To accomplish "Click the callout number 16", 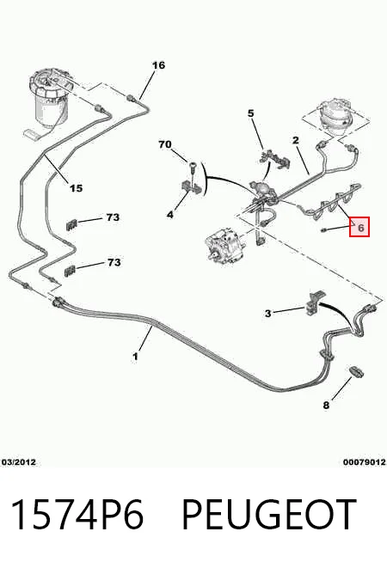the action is point(158,65).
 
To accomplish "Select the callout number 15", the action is point(76,188).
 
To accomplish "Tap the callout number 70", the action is point(165,144).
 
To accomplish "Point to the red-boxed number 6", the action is point(359,227).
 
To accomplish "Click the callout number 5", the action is point(251,113).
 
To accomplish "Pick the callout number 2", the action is point(296,140).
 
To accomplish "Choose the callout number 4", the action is point(170,215).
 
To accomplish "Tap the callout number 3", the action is point(268,314).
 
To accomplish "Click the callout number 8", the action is point(326,406).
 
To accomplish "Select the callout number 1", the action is point(135,357).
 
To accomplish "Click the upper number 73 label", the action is point(113,217).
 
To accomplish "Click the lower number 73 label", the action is point(114,262).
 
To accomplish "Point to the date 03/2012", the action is point(19,462).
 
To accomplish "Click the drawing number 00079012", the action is point(365,462).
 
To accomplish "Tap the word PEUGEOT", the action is point(269,515).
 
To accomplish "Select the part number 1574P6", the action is point(77,515).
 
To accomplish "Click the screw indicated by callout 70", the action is point(193,168).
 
